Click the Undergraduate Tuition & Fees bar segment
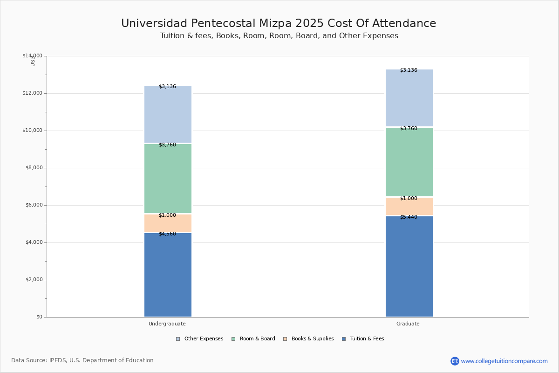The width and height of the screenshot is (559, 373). (x=168, y=275)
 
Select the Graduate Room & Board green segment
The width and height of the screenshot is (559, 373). (x=409, y=162)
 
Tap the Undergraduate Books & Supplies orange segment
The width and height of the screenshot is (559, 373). (x=168, y=223)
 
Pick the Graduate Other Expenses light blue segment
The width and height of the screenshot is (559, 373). (x=409, y=98)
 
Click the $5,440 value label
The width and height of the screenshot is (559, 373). (x=409, y=217)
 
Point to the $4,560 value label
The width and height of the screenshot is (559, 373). (x=167, y=234)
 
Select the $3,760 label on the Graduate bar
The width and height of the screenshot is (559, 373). (x=409, y=128)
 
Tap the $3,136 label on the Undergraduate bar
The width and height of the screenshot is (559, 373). (x=167, y=86)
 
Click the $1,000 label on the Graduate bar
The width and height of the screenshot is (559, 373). (x=409, y=198)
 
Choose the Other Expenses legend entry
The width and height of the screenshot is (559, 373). (x=200, y=339)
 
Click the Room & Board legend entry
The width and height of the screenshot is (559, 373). (x=253, y=339)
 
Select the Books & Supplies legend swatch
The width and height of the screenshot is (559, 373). (x=285, y=339)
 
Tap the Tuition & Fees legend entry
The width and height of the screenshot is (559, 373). (x=363, y=339)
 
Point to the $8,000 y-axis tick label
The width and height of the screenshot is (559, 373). (x=34, y=168)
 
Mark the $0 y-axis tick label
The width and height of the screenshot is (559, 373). (x=40, y=317)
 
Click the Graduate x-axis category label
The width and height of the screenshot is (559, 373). (x=408, y=324)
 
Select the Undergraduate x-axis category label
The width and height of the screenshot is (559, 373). (x=167, y=324)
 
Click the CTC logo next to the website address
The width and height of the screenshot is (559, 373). (x=455, y=361)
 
